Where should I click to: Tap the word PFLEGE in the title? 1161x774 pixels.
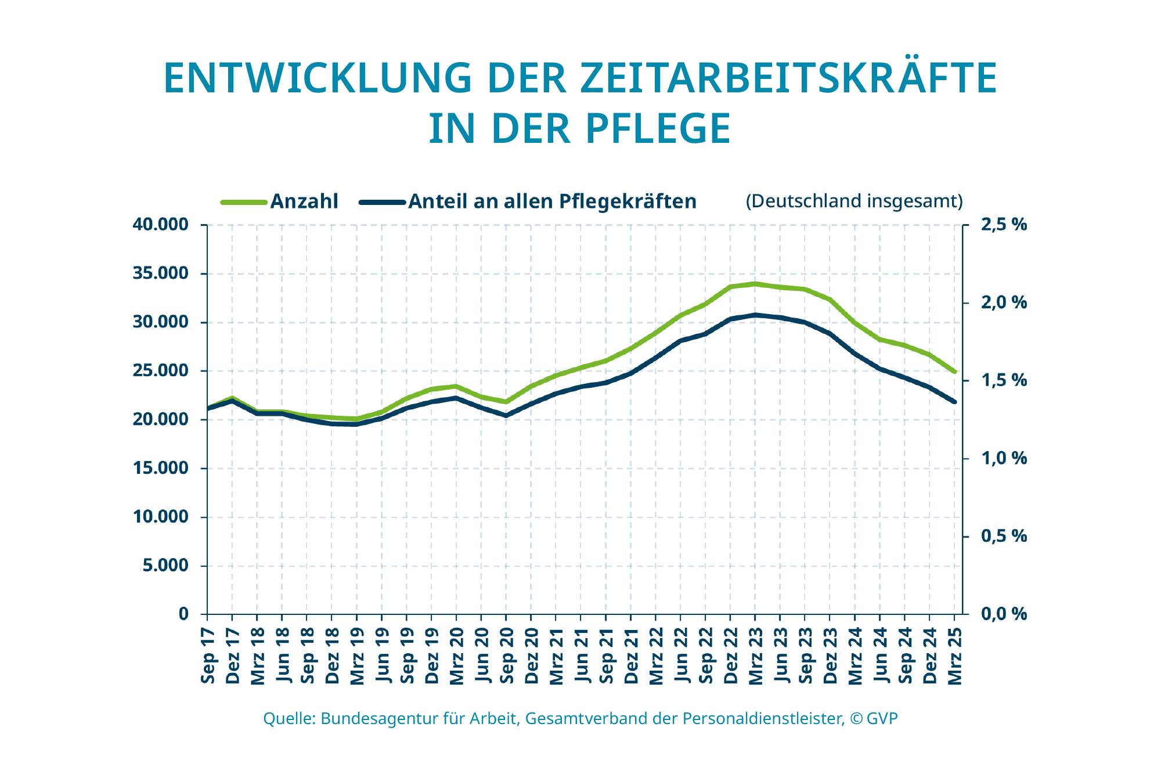click(x=657, y=129)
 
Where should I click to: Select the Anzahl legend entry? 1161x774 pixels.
click(x=304, y=201)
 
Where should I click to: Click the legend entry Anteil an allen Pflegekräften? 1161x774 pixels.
click(x=551, y=201)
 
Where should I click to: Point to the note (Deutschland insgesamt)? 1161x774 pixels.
click(x=854, y=201)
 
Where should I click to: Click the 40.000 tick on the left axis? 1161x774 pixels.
click(x=161, y=225)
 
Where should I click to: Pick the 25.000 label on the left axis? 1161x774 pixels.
click(x=161, y=371)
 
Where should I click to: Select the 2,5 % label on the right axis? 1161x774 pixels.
click(x=1004, y=225)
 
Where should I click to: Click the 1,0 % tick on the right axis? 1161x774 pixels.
click(x=1004, y=459)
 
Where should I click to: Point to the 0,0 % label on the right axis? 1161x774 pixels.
click(x=1004, y=614)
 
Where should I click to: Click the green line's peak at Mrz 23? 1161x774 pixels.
click(x=755, y=284)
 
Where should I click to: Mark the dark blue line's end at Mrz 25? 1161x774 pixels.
click(x=954, y=402)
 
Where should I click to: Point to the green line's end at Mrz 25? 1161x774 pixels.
click(x=954, y=372)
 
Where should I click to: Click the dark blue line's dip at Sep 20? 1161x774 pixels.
click(x=506, y=416)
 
